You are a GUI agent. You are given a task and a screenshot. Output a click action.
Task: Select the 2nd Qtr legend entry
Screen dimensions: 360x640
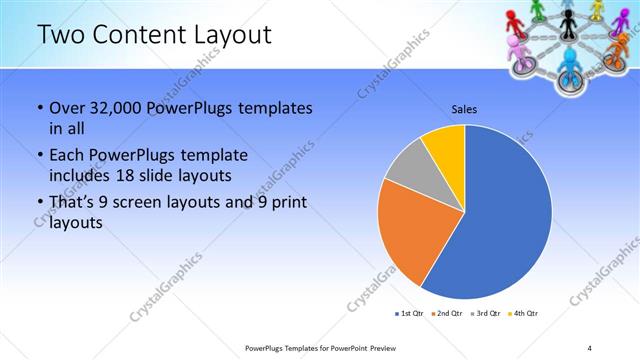446,314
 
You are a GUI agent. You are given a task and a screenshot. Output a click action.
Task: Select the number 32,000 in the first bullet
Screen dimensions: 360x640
109,107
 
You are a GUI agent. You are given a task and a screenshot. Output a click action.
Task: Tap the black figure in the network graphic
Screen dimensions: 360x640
567,14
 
